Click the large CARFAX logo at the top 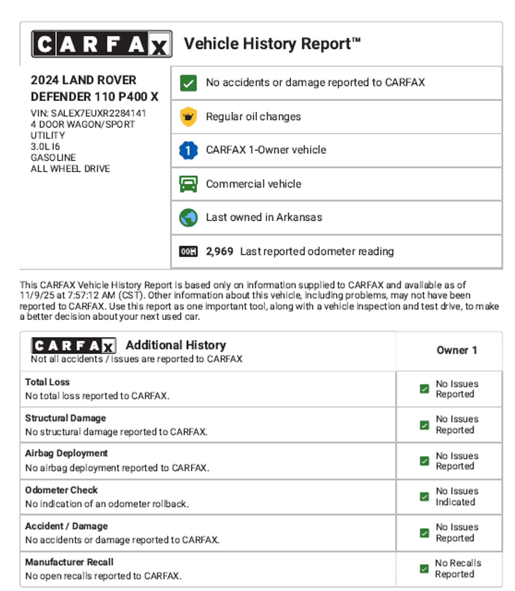[x=102, y=44]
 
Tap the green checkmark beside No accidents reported [x=188, y=83]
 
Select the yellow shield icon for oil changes [x=188, y=117]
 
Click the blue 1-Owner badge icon [x=188, y=150]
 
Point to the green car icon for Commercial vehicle [x=188, y=184]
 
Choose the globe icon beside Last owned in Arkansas [x=188, y=218]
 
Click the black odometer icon [x=188, y=251]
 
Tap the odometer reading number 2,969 [x=219, y=251]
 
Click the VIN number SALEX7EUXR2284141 [x=99, y=113]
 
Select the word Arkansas [x=299, y=217]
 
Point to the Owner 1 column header [x=457, y=350]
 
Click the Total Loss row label [x=48, y=382]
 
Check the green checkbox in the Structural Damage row [x=424, y=425]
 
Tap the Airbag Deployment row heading [x=67, y=453]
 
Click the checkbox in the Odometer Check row [x=424, y=497]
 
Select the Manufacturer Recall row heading [x=69, y=562]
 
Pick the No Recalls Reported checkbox [x=424, y=569]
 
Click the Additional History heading [x=176, y=345]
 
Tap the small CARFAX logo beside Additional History [x=74, y=346]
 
